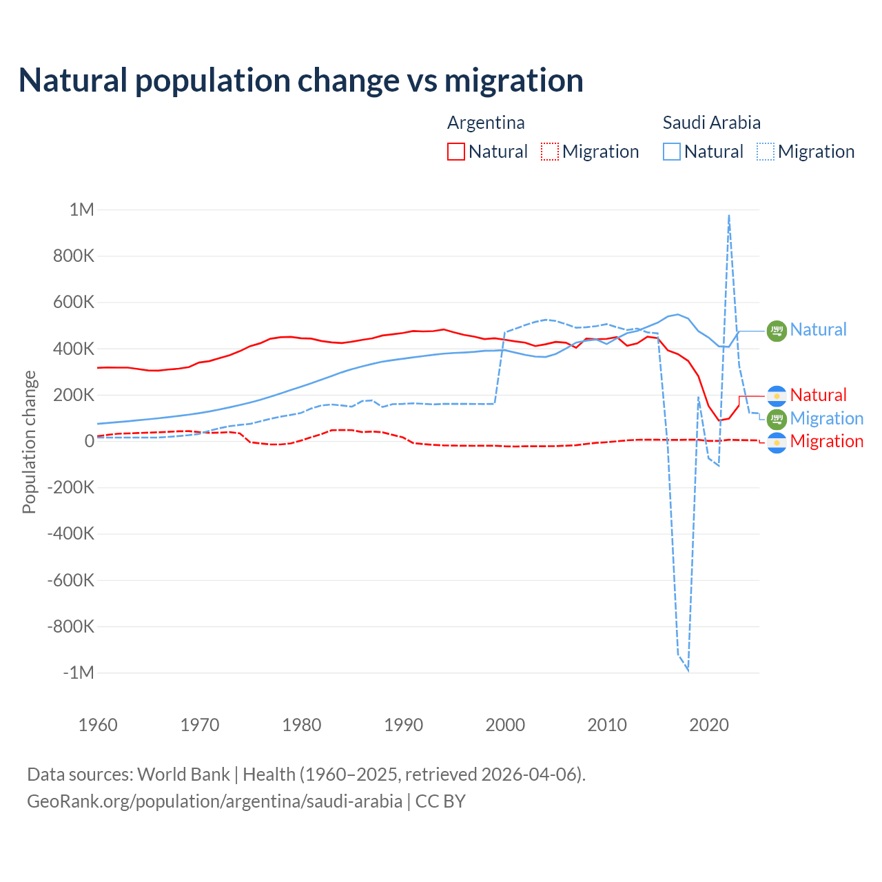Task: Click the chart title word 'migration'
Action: pyautogui.click(x=513, y=81)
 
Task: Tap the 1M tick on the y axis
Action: pyautogui.click(x=81, y=209)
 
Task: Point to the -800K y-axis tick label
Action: pyautogui.click(x=71, y=626)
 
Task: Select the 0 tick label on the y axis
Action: pyautogui.click(x=89, y=441)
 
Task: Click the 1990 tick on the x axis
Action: pyautogui.click(x=403, y=725)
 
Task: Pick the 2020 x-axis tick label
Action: pyautogui.click(x=709, y=725)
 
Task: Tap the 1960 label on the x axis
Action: pyautogui.click(x=98, y=725)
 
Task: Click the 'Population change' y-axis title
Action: pyautogui.click(x=29, y=442)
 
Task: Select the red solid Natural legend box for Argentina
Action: pyautogui.click(x=455, y=152)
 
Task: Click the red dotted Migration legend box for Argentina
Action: pyautogui.click(x=549, y=152)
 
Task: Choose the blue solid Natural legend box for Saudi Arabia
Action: pyautogui.click(x=671, y=152)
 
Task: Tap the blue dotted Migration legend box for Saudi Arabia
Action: pyautogui.click(x=765, y=152)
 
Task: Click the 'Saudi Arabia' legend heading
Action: pyautogui.click(x=711, y=123)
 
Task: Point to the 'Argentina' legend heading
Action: pyautogui.click(x=486, y=123)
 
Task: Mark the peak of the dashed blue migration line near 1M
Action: pyautogui.click(x=729, y=216)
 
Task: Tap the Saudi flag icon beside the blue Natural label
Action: pyautogui.click(x=777, y=331)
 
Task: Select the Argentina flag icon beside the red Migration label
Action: pyautogui.click(x=777, y=442)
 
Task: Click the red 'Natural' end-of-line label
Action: pyautogui.click(x=818, y=395)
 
